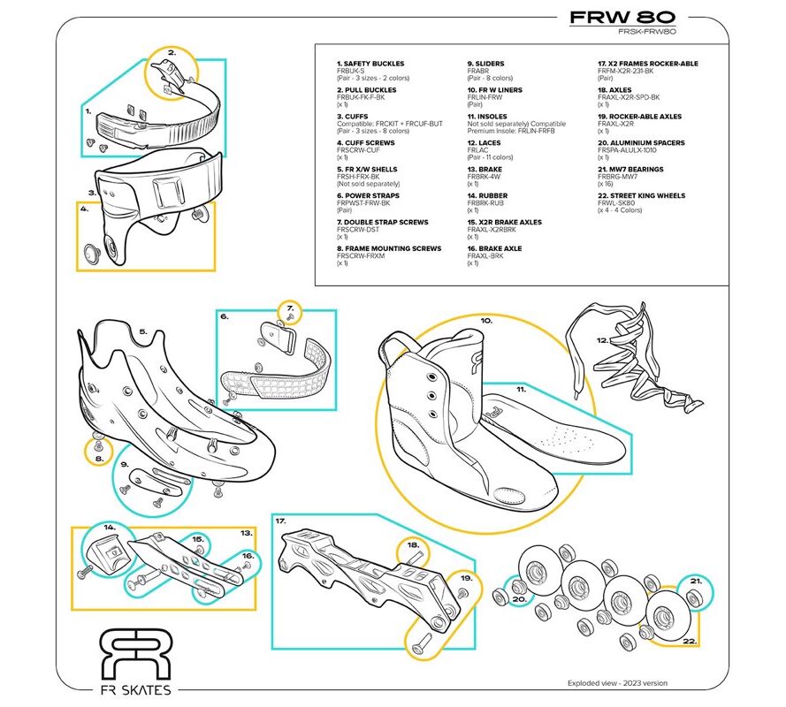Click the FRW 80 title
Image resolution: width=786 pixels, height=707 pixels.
pos(622,17)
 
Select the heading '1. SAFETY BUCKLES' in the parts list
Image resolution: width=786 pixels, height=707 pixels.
pos(370,64)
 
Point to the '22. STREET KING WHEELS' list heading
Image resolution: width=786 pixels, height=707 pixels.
pos(643,196)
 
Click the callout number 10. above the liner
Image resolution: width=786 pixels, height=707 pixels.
pos(485,322)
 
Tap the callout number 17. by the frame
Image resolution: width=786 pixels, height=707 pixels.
pos(282,521)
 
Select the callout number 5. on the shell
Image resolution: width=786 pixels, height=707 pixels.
pos(142,332)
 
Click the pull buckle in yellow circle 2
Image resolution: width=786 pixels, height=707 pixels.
pos(177,74)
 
